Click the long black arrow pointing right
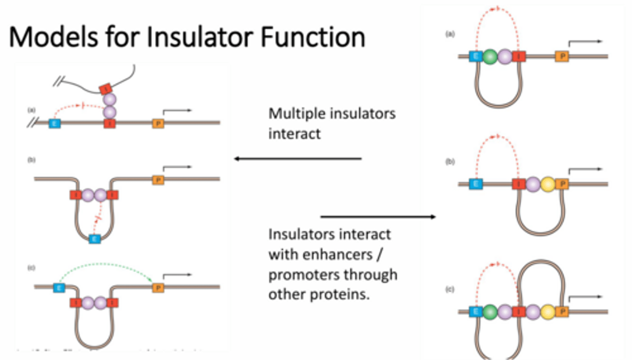pos(377,216)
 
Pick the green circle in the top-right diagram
pos(490,56)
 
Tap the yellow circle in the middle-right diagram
pos(547,184)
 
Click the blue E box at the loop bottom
pos(94,239)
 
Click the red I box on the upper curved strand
pos(106,90)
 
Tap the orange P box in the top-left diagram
pos(158,123)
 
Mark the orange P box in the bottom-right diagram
pos(562,312)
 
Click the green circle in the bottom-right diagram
pos(490,312)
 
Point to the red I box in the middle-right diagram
pos(519,184)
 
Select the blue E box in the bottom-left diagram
pos(59,288)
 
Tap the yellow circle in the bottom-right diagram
pos(547,312)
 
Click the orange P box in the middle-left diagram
pos(158,180)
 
